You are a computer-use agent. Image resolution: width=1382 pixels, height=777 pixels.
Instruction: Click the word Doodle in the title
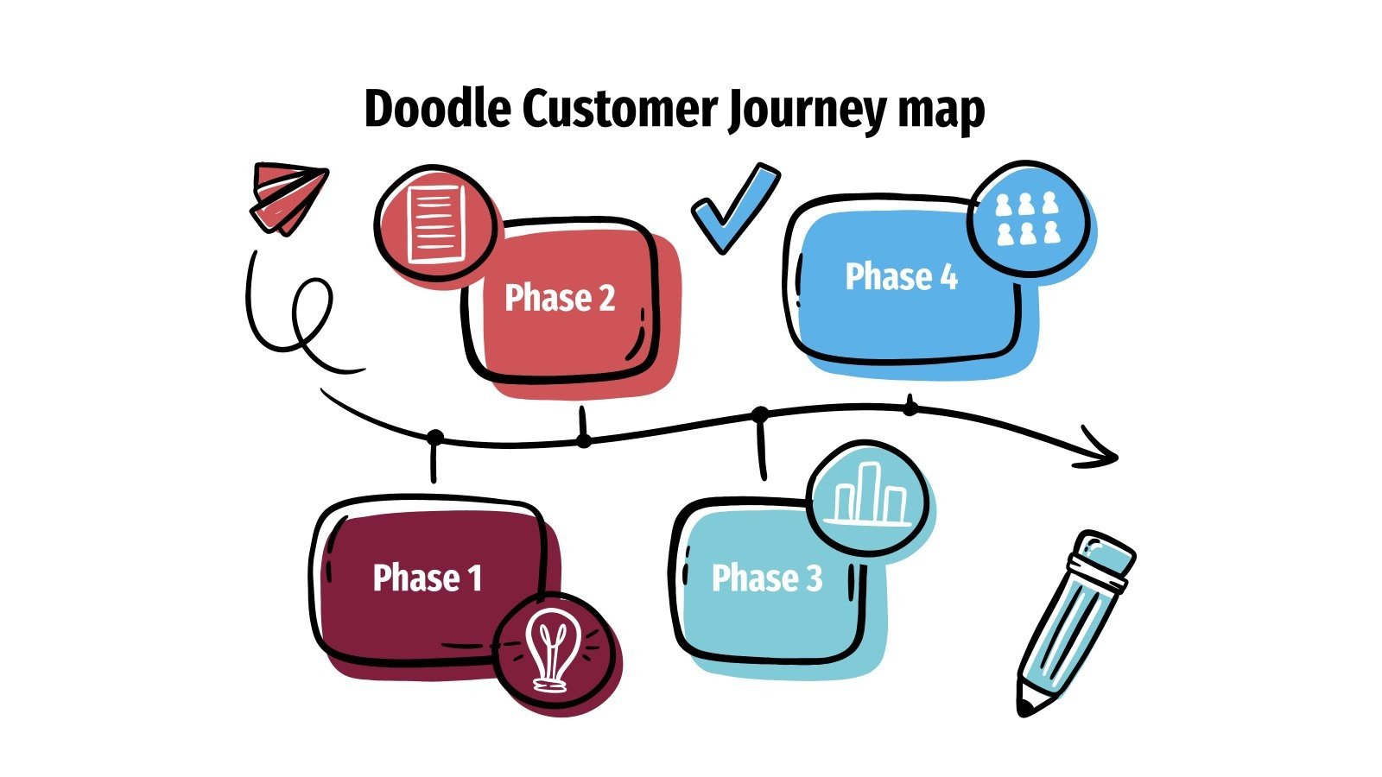437,110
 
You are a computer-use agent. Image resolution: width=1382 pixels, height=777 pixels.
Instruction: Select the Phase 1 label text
427,578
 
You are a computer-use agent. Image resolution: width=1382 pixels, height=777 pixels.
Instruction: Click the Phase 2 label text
560,298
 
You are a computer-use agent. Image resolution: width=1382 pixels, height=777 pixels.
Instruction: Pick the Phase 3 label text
766,578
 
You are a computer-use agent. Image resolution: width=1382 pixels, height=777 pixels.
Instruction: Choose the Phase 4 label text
901,277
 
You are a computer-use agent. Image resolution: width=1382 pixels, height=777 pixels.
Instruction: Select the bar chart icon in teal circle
869,496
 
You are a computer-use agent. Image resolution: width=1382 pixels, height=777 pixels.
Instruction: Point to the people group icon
1026,218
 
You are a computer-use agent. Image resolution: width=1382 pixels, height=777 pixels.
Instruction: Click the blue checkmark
734,207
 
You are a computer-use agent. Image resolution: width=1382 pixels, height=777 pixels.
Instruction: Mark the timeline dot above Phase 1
435,438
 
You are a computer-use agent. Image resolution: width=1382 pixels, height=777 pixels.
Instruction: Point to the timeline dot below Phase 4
910,407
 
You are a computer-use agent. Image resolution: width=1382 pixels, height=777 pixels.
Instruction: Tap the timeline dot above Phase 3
760,415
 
